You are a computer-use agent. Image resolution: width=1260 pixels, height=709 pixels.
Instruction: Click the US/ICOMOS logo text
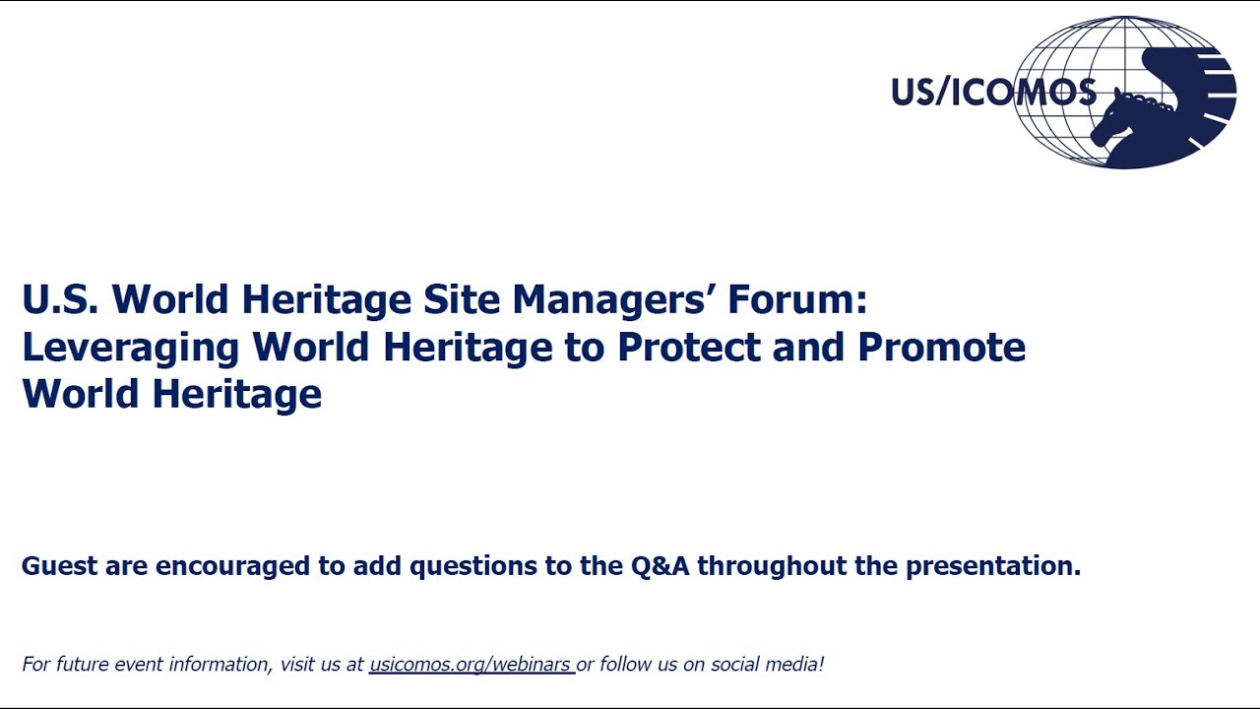(x=992, y=92)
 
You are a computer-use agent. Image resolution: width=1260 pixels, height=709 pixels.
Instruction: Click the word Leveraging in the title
(x=130, y=348)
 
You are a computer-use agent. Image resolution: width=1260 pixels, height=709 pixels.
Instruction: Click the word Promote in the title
(x=941, y=348)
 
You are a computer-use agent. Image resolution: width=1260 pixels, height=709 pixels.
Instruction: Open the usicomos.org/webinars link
(x=470, y=665)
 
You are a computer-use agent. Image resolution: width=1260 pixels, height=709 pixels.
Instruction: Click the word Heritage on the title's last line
(x=236, y=394)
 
